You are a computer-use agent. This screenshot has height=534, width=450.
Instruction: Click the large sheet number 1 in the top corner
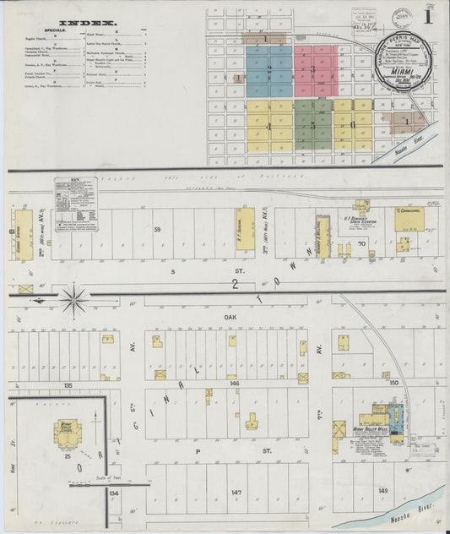(430, 15)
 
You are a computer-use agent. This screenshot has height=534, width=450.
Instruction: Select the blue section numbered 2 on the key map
(268, 69)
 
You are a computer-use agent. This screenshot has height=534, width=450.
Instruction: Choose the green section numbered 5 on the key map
(313, 123)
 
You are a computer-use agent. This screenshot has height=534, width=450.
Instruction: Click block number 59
(157, 229)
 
